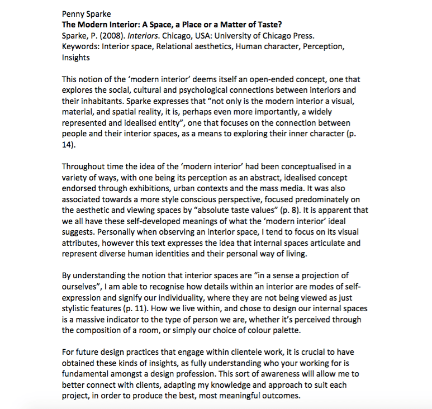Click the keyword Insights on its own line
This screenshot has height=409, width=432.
(75, 57)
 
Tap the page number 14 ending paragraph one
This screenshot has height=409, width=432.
(67, 144)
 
